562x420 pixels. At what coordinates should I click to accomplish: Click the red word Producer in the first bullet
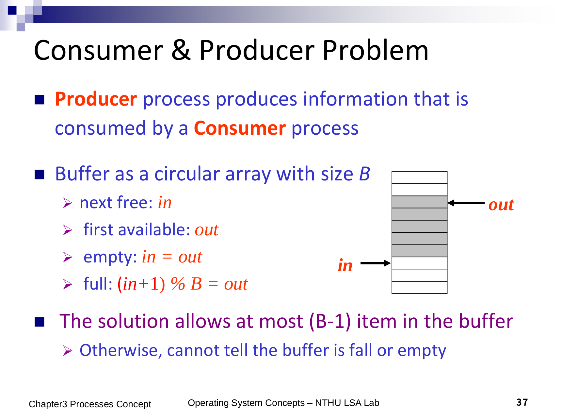click(x=96, y=99)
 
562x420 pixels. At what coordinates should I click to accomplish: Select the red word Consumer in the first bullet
click(x=240, y=128)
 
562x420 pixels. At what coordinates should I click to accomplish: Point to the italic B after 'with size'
click(x=364, y=174)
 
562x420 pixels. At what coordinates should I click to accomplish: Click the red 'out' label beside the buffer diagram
click(x=501, y=205)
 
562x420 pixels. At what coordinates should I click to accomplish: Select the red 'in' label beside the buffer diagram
click(x=345, y=265)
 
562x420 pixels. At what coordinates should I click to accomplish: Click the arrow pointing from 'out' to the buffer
click(x=466, y=203)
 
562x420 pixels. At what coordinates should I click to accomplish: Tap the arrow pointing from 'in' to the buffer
click(x=376, y=263)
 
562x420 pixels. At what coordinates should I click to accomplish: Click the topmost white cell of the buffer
click(x=419, y=177)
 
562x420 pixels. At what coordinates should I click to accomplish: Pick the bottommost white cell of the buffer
click(x=419, y=287)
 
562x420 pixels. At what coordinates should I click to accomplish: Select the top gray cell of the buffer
click(x=419, y=202)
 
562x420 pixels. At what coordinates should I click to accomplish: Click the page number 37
click(x=522, y=402)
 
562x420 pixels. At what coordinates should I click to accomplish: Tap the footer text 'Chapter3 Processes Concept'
click(x=90, y=404)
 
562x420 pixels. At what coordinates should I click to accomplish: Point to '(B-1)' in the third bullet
click(x=330, y=321)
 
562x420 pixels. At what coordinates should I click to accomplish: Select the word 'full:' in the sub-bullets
click(x=98, y=283)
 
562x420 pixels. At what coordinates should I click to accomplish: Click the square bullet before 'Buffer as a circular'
click(x=40, y=175)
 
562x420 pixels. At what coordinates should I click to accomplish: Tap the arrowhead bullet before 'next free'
click(x=68, y=203)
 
